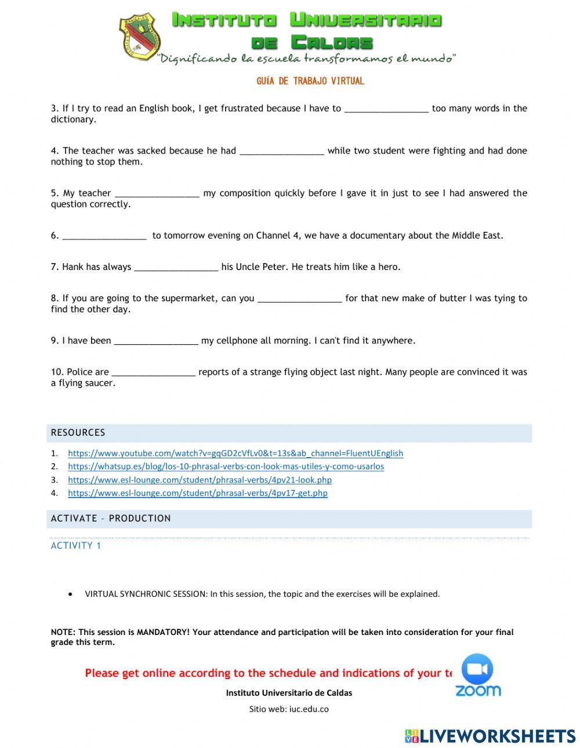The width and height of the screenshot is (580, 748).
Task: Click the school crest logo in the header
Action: pyautogui.click(x=140, y=37)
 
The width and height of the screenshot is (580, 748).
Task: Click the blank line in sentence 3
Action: pyautogui.click(x=386, y=109)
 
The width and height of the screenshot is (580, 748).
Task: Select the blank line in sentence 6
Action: pyautogui.click(x=104, y=236)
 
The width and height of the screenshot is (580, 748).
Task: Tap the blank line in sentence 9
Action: pyautogui.click(x=156, y=341)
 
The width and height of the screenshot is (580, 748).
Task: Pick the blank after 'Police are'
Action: pyautogui.click(x=153, y=373)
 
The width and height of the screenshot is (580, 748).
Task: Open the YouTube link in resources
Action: pyautogui.click(x=235, y=453)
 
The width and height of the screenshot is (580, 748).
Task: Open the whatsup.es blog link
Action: pyautogui.click(x=226, y=466)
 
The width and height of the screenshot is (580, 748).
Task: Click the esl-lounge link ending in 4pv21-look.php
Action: pyautogui.click(x=200, y=480)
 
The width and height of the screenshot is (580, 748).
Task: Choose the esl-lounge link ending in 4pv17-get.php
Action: pyautogui.click(x=197, y=493)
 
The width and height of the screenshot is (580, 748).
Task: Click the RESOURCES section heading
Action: pyautogui.click(x=78, y=433)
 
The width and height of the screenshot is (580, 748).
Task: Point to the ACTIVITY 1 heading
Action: pyautogui.click(x=76, y=546)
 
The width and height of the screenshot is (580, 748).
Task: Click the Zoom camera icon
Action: pyautogui.click(x=477, y=670)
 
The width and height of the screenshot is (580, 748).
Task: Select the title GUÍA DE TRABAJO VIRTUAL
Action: pyautogui.click(x=310, y=81)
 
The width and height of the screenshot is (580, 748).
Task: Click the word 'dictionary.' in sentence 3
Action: pyautogui.click(x=73, y=119)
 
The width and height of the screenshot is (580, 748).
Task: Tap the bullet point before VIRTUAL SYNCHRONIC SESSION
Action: pyautogui.click(x=71, y=594)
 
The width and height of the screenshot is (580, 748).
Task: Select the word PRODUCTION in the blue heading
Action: pyautogui.click(x=140, y=519)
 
